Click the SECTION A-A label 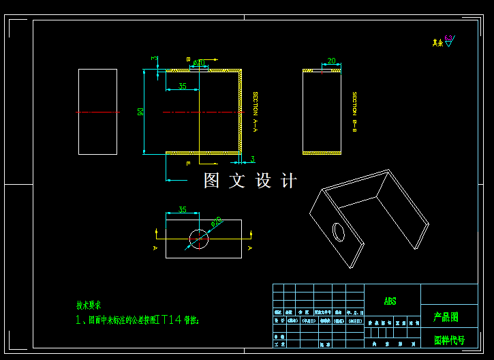[x=256, y=112]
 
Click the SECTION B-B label [x=354, y=112]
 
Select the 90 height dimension [x=140, y=111]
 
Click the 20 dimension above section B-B [x=331, y=61]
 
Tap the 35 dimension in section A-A [x=182, y=87]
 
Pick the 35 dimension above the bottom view [x=182, y=210]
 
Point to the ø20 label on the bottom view [x=217, y=222]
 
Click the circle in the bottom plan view [x=199, y=239]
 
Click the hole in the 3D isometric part [x=339, y=232]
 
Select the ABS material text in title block [x=390, y=301]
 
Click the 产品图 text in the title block [x=446, y=317]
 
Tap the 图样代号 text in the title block [x=449, y=340]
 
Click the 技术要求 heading [x=89, y=305]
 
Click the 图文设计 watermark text [x=250, y=181]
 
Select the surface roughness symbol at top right [x=448, y=41]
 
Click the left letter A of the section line [x=155, y=248]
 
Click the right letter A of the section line [x=250, y=248]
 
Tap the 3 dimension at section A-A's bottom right [x=252, y=160]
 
